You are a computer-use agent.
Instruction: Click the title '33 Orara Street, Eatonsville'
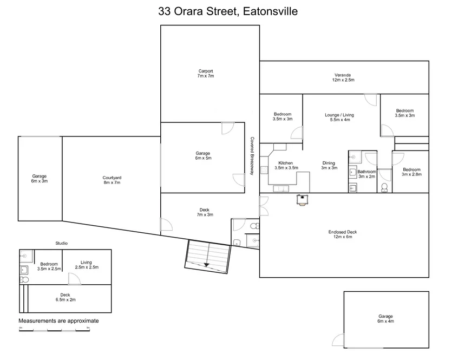[x=227, y=11]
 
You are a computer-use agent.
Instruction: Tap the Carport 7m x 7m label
[x=205, y=74]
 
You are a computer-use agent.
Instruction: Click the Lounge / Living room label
[x=339, y=117]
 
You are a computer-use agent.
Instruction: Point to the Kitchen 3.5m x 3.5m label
[x=285, y=166]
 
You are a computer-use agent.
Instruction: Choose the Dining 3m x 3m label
[x=329, y=166]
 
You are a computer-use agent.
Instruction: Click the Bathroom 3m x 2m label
[x=366, y=174]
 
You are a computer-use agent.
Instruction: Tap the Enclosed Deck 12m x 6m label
[x=343, y=234]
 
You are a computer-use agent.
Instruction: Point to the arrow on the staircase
[x=206, y=264]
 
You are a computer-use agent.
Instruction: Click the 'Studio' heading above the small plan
[x=61, y=244]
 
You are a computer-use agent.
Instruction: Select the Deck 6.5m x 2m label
[x=65, y=297]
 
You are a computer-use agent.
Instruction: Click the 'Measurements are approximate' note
[x=59, y=320]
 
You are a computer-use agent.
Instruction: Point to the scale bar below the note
[x=54, y=329]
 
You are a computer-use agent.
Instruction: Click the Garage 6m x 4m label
[x=386, y=319]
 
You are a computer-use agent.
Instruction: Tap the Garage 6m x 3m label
[x=39, y=179]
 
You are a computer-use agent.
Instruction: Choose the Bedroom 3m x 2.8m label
[x=411, y=172]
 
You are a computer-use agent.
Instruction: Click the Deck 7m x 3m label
[x=204, y=213]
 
